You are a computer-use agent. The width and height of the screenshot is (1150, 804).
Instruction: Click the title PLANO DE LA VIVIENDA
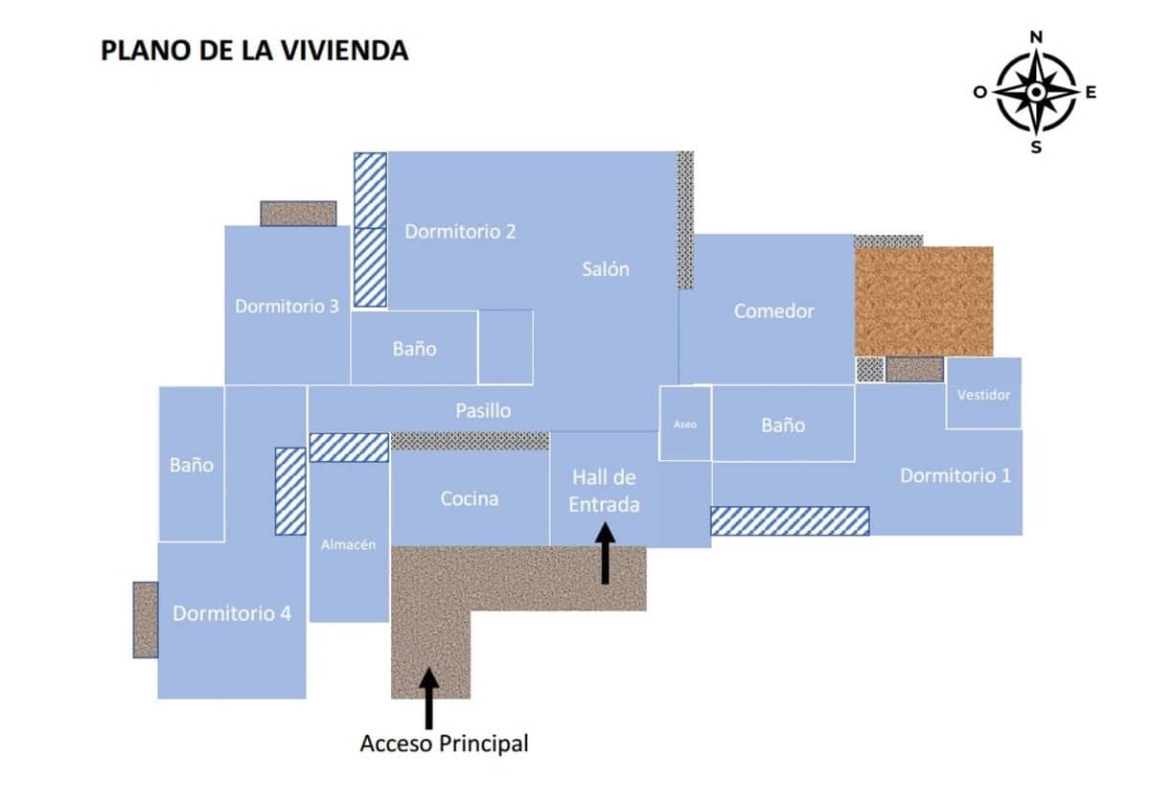pyautogui.click(x=255, y=51)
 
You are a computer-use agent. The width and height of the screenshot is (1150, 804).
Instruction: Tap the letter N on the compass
pyautogui.click(x=1036, y=37)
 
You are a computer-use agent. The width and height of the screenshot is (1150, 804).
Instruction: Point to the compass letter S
pyautogui.click(x=1036, y=148)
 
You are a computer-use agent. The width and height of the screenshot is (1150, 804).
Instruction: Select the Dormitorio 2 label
pyautogui.click(x=460, y=232)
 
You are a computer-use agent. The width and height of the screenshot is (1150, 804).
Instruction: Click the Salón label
pyautogui.click(x=606, y=269)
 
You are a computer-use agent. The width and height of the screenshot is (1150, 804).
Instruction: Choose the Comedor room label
pyautogui.click(x=773, y=311)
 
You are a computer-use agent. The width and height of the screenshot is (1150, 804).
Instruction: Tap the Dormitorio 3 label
pyautogui.click(x=287, y=307)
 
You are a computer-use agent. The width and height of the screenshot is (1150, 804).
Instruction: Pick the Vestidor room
pyautogui.click(x=983, y=393)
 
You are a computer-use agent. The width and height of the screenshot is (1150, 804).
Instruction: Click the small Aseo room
pyautogui.click(x=685, y=424)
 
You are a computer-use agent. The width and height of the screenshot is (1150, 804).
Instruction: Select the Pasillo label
pyautogui.click(x=483, y=411)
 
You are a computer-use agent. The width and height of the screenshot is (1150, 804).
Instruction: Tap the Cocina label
pyautogui.click(x=470, y=499)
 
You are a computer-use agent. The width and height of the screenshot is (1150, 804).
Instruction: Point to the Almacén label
pyautogui.click(x=348, y=544)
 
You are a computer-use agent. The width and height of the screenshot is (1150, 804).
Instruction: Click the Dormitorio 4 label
pyautogui.click(x=232, y=613)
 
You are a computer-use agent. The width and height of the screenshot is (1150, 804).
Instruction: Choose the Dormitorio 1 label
pyautogui.click(x=955, y=476)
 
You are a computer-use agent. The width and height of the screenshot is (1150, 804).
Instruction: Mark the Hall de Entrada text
pyautogui.click(x=605, y=492)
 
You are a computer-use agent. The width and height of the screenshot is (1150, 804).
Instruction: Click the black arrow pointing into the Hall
pyautogui.click(x=606, y=553)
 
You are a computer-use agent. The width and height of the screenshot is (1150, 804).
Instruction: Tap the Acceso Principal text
pyautogui.click(x=444, y=744)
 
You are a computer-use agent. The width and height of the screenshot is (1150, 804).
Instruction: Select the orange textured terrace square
pyautogui.click(x=924, y=301)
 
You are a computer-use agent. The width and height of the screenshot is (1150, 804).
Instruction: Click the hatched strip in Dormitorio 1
pyautogui.click(x=790, y=521)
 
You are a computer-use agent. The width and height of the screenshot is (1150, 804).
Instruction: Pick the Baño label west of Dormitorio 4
pyautogui.click(x=192, y=465)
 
